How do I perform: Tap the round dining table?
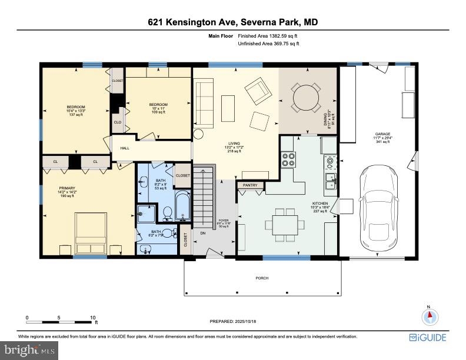pyautogui.click(x=306, y=98)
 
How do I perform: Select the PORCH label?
pyautogui.click(x=262, y=277)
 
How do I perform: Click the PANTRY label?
pyautogui.click(x=250, y=185)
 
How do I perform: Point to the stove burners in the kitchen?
pyautogui.click(x=289, y=159)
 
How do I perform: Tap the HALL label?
pyautogui.click(x=125, y=148)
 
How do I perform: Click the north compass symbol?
pyautogui.click(x=430, y=316)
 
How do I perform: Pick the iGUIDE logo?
pyautogui.click(x=428, y=337)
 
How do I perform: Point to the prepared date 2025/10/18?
pyautogui.click(x=233, y=321)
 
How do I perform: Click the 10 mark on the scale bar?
pyautogui.click(x=92, y=318)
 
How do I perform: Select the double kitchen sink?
pyautogui.click(x=330, y=181)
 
